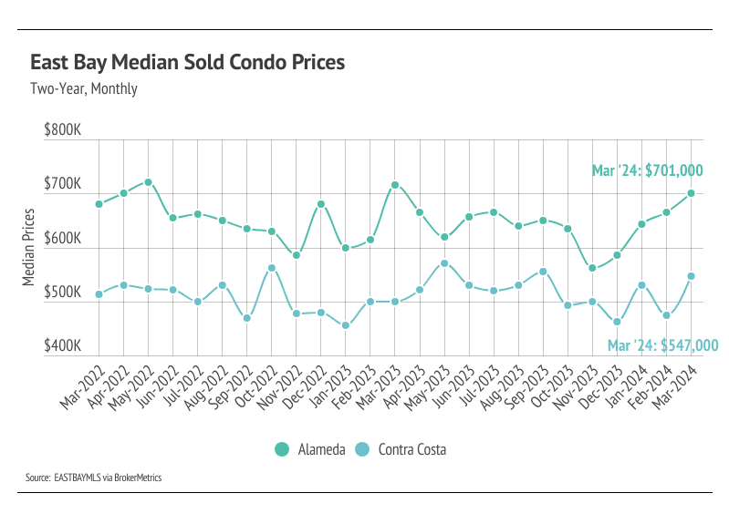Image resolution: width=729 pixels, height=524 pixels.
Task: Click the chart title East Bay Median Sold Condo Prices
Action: point(187,63)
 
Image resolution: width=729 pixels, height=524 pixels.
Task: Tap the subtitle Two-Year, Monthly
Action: point(83,89)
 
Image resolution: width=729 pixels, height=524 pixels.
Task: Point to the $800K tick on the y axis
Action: point(63,130)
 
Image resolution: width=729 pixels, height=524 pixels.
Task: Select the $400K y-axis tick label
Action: point(63,347)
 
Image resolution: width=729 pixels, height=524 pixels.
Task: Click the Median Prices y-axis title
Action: point(28,247)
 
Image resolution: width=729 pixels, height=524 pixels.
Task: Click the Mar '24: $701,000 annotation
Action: point(647,170)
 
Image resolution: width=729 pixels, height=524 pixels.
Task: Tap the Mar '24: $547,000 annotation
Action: point(662,345)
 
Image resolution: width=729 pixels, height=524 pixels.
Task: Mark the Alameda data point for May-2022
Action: point(148,182)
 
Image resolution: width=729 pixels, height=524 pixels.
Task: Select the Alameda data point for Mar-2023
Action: point(395,185)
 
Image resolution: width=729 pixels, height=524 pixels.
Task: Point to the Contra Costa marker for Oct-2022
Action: point(272,268)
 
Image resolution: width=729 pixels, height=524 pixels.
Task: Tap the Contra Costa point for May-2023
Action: point(444,263)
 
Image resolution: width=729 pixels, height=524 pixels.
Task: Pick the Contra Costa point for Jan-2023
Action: point(346,325)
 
